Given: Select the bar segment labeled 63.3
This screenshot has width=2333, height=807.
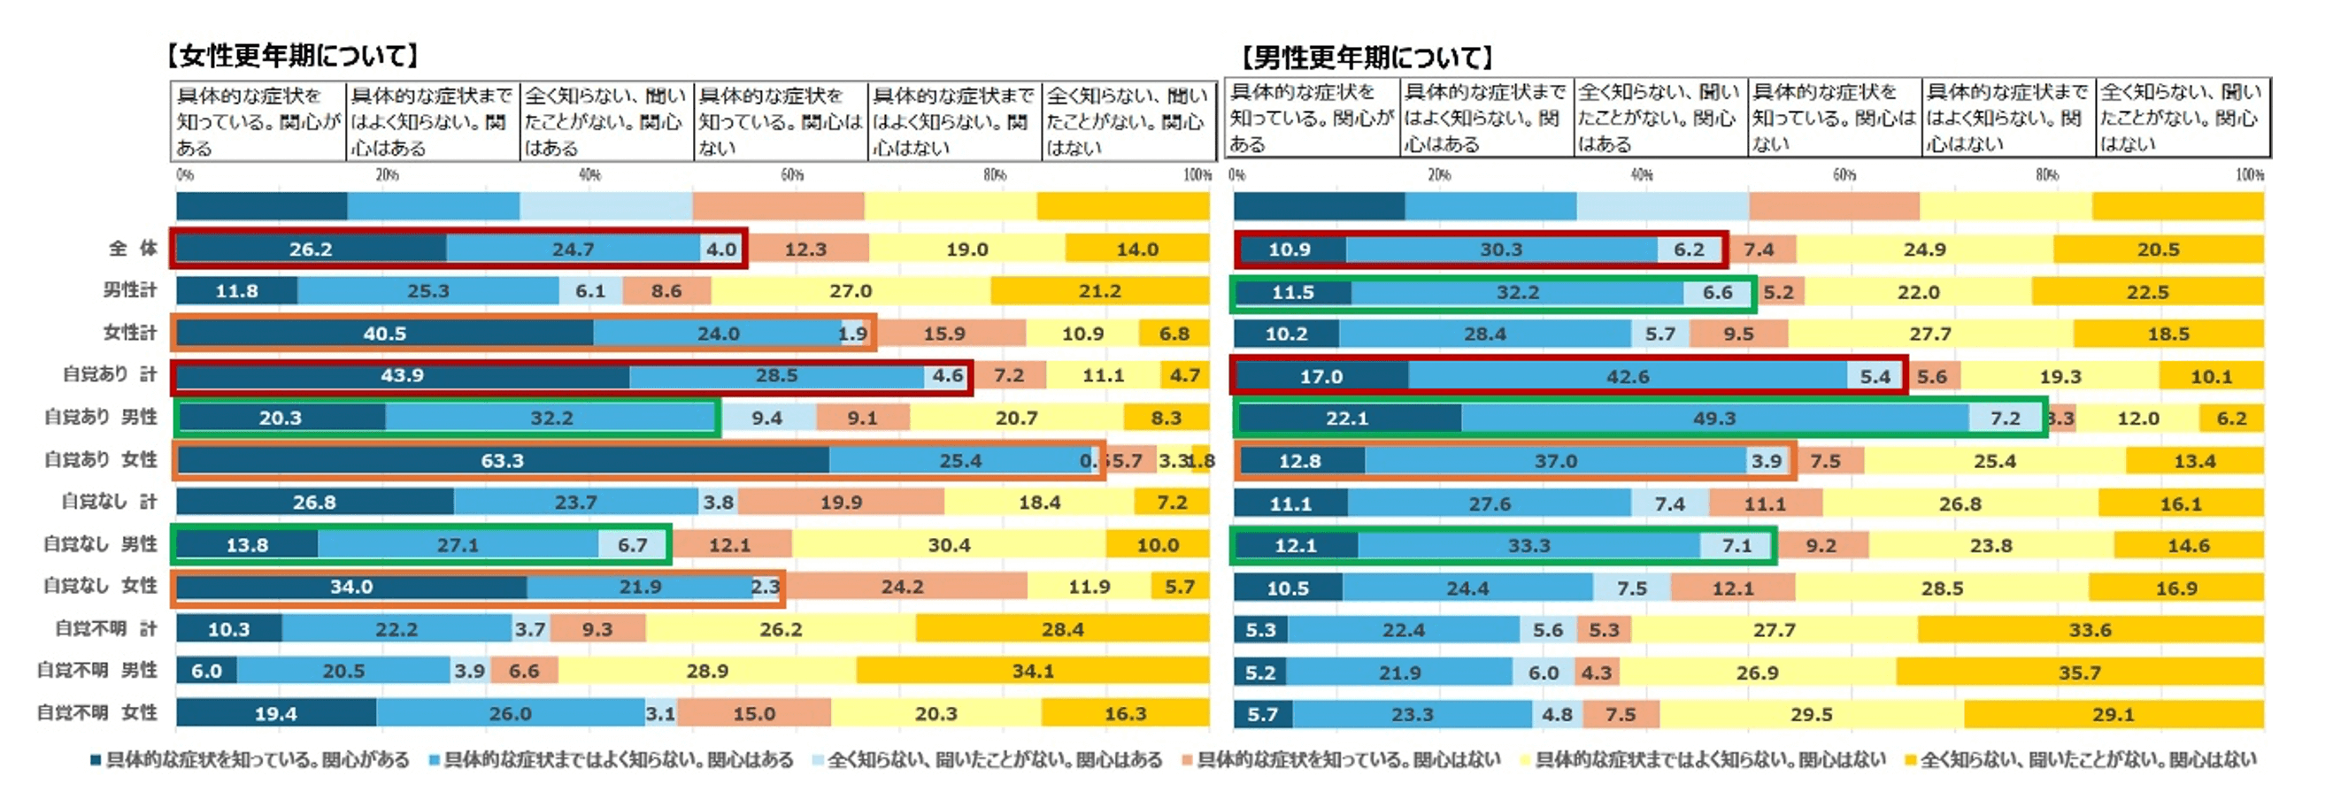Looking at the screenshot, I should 503,460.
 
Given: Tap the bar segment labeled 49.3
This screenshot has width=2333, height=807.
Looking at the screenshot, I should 1714,419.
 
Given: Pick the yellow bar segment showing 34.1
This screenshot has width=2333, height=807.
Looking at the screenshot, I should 1033,671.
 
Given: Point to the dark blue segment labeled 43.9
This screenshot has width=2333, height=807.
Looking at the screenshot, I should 402,376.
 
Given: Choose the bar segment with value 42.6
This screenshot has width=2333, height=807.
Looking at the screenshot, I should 1628,377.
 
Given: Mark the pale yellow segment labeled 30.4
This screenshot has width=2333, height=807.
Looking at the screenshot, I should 949,545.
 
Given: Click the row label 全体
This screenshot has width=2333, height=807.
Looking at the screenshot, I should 133,248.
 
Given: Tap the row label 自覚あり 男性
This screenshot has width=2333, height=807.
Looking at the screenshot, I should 101,418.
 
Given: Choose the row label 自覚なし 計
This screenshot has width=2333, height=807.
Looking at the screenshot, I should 109,502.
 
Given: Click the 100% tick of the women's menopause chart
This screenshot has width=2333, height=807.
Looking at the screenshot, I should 1197,175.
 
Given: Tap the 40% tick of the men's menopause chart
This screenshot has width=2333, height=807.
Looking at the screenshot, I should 1642,175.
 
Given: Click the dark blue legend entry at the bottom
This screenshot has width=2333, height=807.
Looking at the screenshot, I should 250,760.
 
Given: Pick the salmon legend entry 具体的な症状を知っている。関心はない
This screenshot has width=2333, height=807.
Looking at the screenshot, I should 1340,760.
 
